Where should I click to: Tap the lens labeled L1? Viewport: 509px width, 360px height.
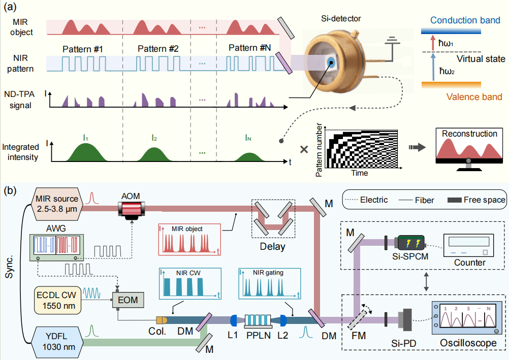(234, 320)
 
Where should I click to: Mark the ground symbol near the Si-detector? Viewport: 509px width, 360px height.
(391, 42)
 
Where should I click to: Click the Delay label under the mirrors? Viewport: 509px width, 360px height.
(273, 247)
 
